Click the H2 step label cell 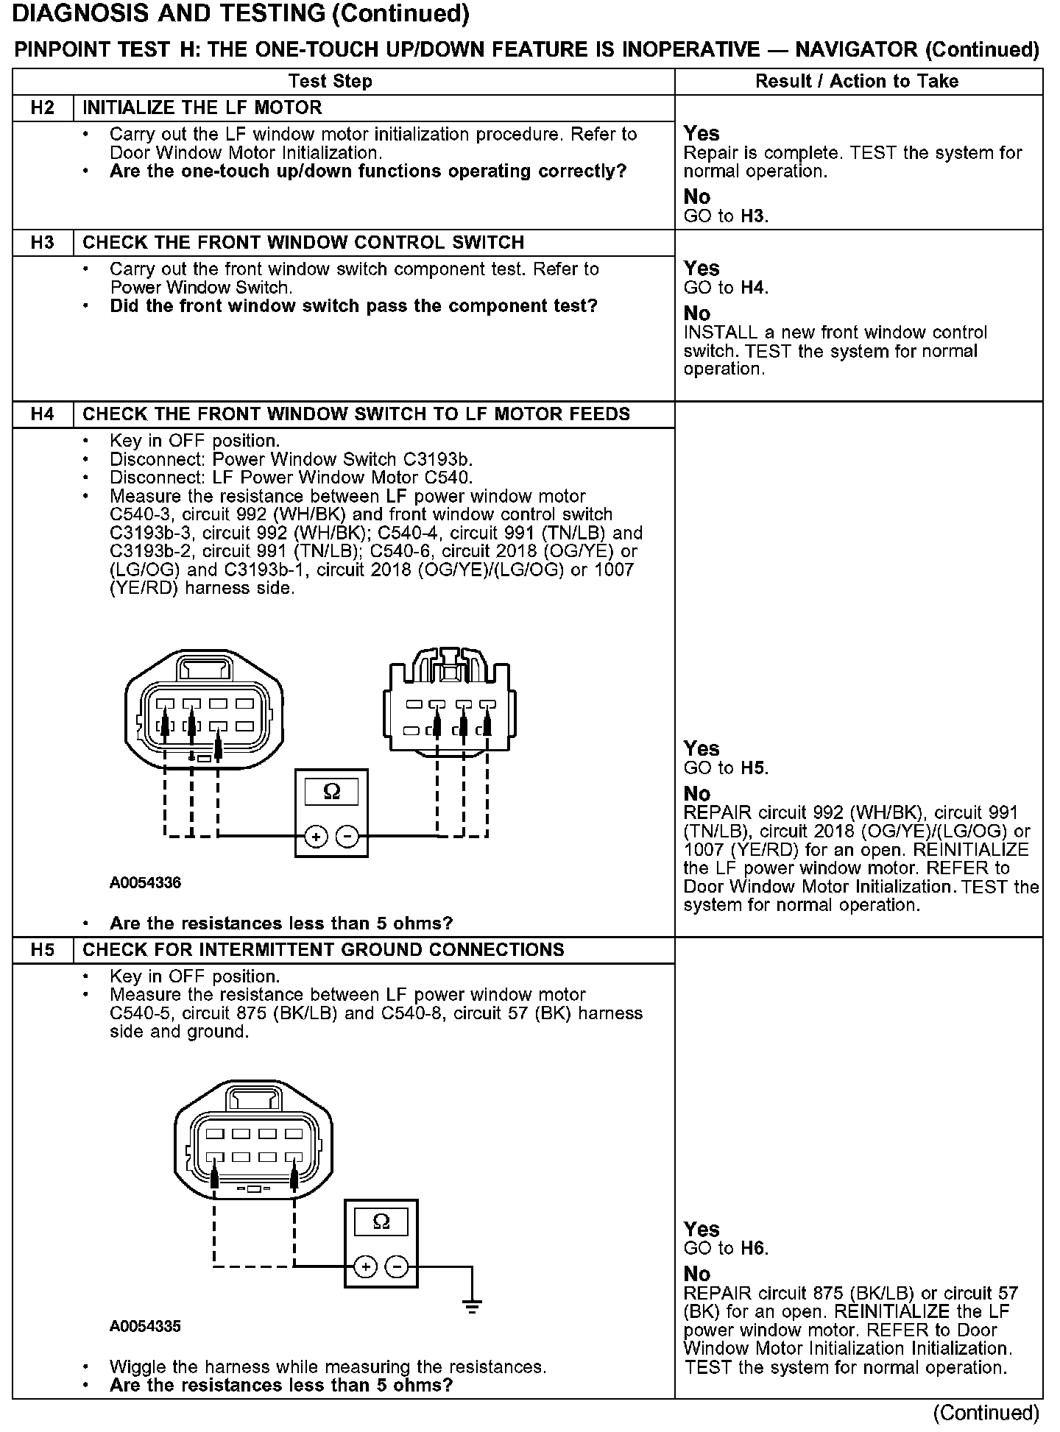point(43,108)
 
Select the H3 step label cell point(43,243)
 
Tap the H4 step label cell point(43,414)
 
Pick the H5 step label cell point(43,950)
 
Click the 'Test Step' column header point(330,82)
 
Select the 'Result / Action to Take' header point(857,82)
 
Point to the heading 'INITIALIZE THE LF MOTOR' point(202,108)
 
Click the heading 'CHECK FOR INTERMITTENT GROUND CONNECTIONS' point(323,950)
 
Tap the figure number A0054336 point(145,882)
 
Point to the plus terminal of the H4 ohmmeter point(316,837)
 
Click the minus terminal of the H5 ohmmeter point(397,1266)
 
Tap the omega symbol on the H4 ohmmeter point(332,792)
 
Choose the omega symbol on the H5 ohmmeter point(381,1222)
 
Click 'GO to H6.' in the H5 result point(726,1248)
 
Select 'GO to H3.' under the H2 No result point(726,216)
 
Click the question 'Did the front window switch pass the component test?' point(353,306)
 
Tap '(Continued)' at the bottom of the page point(986,1413)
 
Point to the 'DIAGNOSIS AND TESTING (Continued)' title point(241,14)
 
